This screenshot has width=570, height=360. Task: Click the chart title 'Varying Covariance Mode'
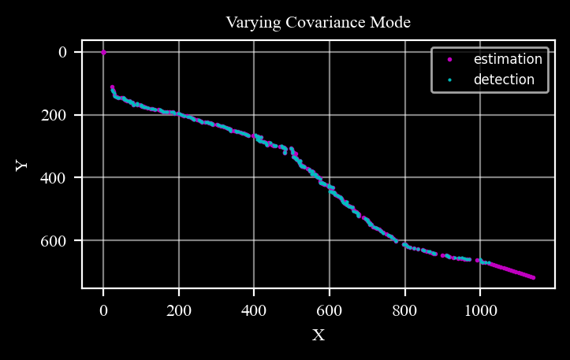pyautogui.click(x=318, y=22)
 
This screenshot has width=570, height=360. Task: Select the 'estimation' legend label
pyautogui.click(x=508, y=59)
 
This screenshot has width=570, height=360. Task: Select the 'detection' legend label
pyautogui.click(x=504, y=80)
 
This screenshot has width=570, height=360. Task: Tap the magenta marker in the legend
pyautogui.click(x=449, y=59)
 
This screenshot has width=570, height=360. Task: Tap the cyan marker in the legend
pyautogui.click(x=449, y=80)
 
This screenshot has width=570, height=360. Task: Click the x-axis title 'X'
pyautogui.click(x=319, y=335)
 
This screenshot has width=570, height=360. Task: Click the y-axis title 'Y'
pyautogui.click(x=22, y=165)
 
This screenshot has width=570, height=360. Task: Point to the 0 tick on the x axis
pyautogui.click(x=103, y=310)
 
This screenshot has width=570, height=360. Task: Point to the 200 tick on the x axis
pyautogui.click(x=179, y=310)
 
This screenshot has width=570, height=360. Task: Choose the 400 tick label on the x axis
pyautogui.click(x=254, y=310)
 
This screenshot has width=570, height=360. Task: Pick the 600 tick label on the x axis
pyautogui.click(x=330, y=310)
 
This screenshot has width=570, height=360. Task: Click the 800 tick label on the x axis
pyautogui.click(x=405, y=310)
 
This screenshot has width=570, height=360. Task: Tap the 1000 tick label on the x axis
pyautogui.click(x=481, y=310)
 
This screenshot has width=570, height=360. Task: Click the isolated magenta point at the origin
pyautogui.click(x=103, y=52)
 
